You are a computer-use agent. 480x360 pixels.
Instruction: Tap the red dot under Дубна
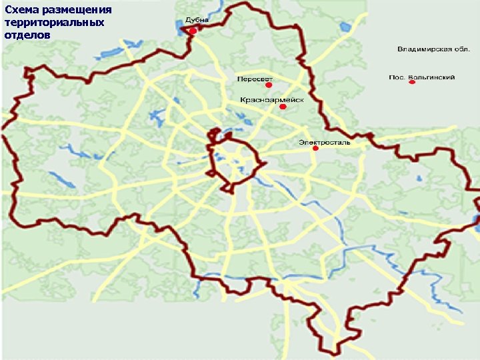click(x=193, y=31)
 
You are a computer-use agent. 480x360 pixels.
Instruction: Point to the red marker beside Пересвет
click(x=269, y=86)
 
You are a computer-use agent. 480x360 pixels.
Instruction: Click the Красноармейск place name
click(x=272, y=99)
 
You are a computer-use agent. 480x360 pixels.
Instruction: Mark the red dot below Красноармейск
click(x=283, y=107)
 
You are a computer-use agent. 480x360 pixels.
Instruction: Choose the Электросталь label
click(x=324, y=142)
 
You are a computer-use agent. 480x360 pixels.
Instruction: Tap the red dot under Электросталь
click(x=316, y=149)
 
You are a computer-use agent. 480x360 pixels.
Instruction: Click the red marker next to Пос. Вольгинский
click(x=412, y=83)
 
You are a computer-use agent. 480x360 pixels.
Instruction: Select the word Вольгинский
click(x=431, y=77)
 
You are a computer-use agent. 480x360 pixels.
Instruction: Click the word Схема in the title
click(x=19, y=11)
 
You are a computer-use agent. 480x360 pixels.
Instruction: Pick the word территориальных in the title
click(x=54, y=23)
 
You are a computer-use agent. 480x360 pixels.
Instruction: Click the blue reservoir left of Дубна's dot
click(x=181, y=28)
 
